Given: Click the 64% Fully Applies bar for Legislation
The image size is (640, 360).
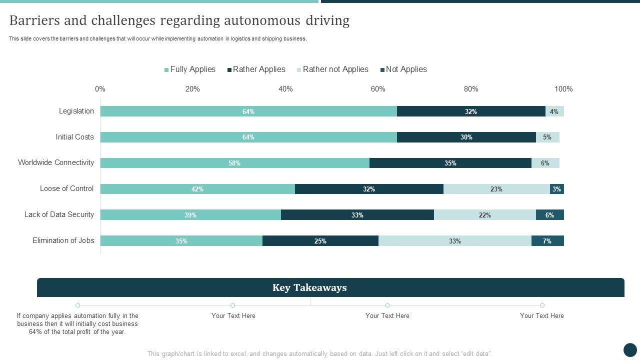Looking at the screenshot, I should (248, 111).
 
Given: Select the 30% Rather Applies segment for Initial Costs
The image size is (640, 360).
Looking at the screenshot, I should (466, 137).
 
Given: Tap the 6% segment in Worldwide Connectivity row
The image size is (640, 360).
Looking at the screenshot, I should (545, 163).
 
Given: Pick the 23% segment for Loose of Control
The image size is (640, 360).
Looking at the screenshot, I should (496, 189).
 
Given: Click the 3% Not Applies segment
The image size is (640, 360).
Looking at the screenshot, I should (556, 189).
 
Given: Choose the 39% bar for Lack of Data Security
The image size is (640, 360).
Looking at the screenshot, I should (190, 215).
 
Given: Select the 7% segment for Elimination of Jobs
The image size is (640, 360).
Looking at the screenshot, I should (547, 241).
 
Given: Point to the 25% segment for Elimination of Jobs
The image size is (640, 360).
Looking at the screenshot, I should (320, 241).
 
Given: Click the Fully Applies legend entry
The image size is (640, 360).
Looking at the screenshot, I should (190, 69).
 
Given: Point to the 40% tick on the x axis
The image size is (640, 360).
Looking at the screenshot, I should (285, 89).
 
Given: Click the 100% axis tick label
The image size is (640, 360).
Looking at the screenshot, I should (563, 89).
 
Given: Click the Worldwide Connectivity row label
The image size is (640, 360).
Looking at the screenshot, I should (56, 162).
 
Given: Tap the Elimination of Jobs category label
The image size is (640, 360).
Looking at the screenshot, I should (63, 240).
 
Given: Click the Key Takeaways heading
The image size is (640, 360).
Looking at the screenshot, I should (309, 287).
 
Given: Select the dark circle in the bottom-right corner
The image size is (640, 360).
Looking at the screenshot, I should (630, 349).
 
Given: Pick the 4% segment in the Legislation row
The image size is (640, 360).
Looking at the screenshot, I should (554, 111).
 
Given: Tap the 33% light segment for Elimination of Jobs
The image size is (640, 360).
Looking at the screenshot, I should (454, 241).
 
